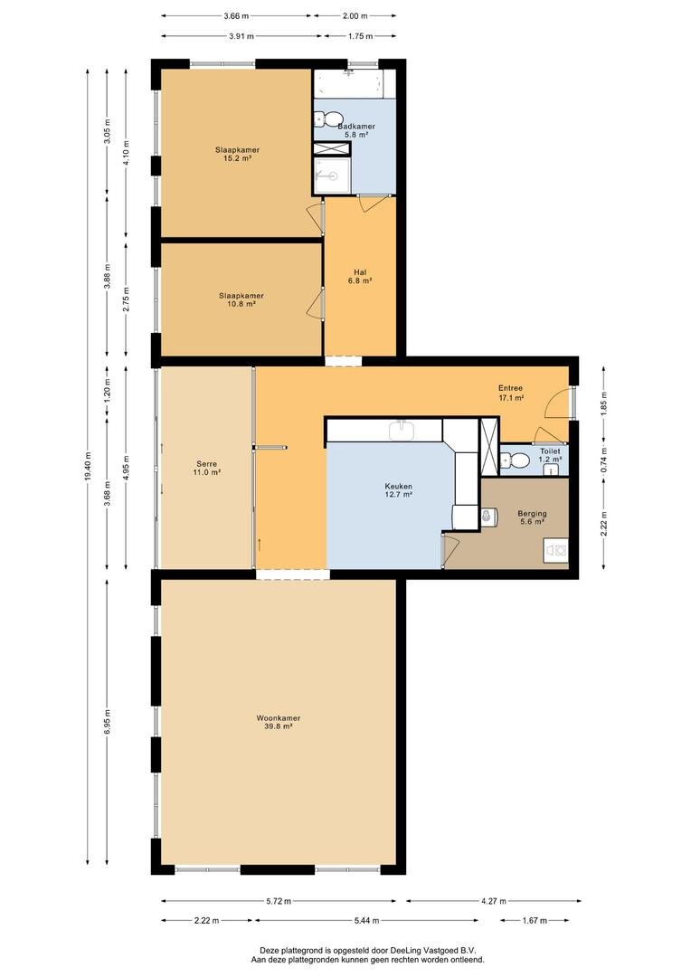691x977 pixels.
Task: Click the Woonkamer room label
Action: [x=278, y=722]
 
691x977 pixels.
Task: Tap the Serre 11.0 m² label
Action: [x=206, y=468]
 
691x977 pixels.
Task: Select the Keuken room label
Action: [x=398, y=490]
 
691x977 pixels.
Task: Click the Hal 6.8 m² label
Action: [x=360, y=277]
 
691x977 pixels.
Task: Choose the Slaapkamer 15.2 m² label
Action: [x=237, y=154]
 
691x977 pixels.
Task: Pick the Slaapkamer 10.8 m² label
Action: [x=241, y=299]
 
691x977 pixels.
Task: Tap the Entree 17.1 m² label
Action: [x=510, y=393]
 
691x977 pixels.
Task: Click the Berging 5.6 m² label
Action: [x=532, y=517]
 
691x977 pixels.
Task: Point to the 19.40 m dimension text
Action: [x=88, y=466]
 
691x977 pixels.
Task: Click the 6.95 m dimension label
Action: [x=107, y=722]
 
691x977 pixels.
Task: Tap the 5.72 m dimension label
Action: [x=279, y=900]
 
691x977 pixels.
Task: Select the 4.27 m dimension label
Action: [x=494, y=900]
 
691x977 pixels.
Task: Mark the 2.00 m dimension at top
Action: [x=355, y=15]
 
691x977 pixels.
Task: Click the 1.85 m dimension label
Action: [x=603, y=403]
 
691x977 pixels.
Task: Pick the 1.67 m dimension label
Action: [x=535, y=920]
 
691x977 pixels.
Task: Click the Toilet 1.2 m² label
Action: [x=550, y=455]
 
